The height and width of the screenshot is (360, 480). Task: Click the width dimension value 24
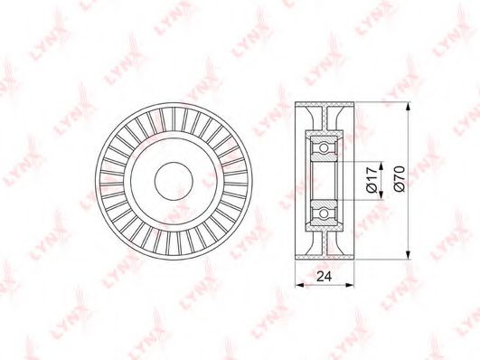325,277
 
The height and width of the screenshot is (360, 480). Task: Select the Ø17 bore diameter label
372,180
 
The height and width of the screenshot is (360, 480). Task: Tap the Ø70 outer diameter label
400,179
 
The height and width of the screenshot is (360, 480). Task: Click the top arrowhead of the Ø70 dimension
408,109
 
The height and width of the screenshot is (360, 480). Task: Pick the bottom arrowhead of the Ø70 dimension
408,253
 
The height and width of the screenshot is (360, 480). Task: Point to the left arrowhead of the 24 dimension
300,285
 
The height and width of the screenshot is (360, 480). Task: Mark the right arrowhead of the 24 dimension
349,285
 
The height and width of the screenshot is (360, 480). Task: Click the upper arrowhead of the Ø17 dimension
381,166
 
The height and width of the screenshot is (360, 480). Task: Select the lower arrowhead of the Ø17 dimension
381,195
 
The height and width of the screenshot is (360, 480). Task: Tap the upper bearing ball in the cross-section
324,148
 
